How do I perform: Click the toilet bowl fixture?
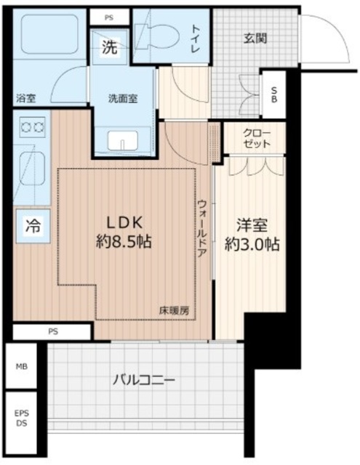(158, 36)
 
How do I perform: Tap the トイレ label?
(196, 39)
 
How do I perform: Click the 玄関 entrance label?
(255, 39)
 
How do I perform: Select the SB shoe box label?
(274, 94)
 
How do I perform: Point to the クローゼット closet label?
(257, 139)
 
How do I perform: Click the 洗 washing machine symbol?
(110, 47)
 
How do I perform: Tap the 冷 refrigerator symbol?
(33, 226)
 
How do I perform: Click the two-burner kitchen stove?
(33, 127)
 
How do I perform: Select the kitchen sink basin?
(33, 169)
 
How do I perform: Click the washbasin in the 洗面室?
(123, 140)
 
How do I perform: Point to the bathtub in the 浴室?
(50, 34)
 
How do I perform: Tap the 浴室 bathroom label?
(26, 98)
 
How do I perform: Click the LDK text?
(124, 223)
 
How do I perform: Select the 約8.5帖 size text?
(124, 242)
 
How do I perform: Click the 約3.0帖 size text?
(252, 244)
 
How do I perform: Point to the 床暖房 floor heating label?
(174, 310)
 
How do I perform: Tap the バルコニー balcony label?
(144, 380)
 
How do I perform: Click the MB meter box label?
(22, 366)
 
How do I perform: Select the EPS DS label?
(22, 418)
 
